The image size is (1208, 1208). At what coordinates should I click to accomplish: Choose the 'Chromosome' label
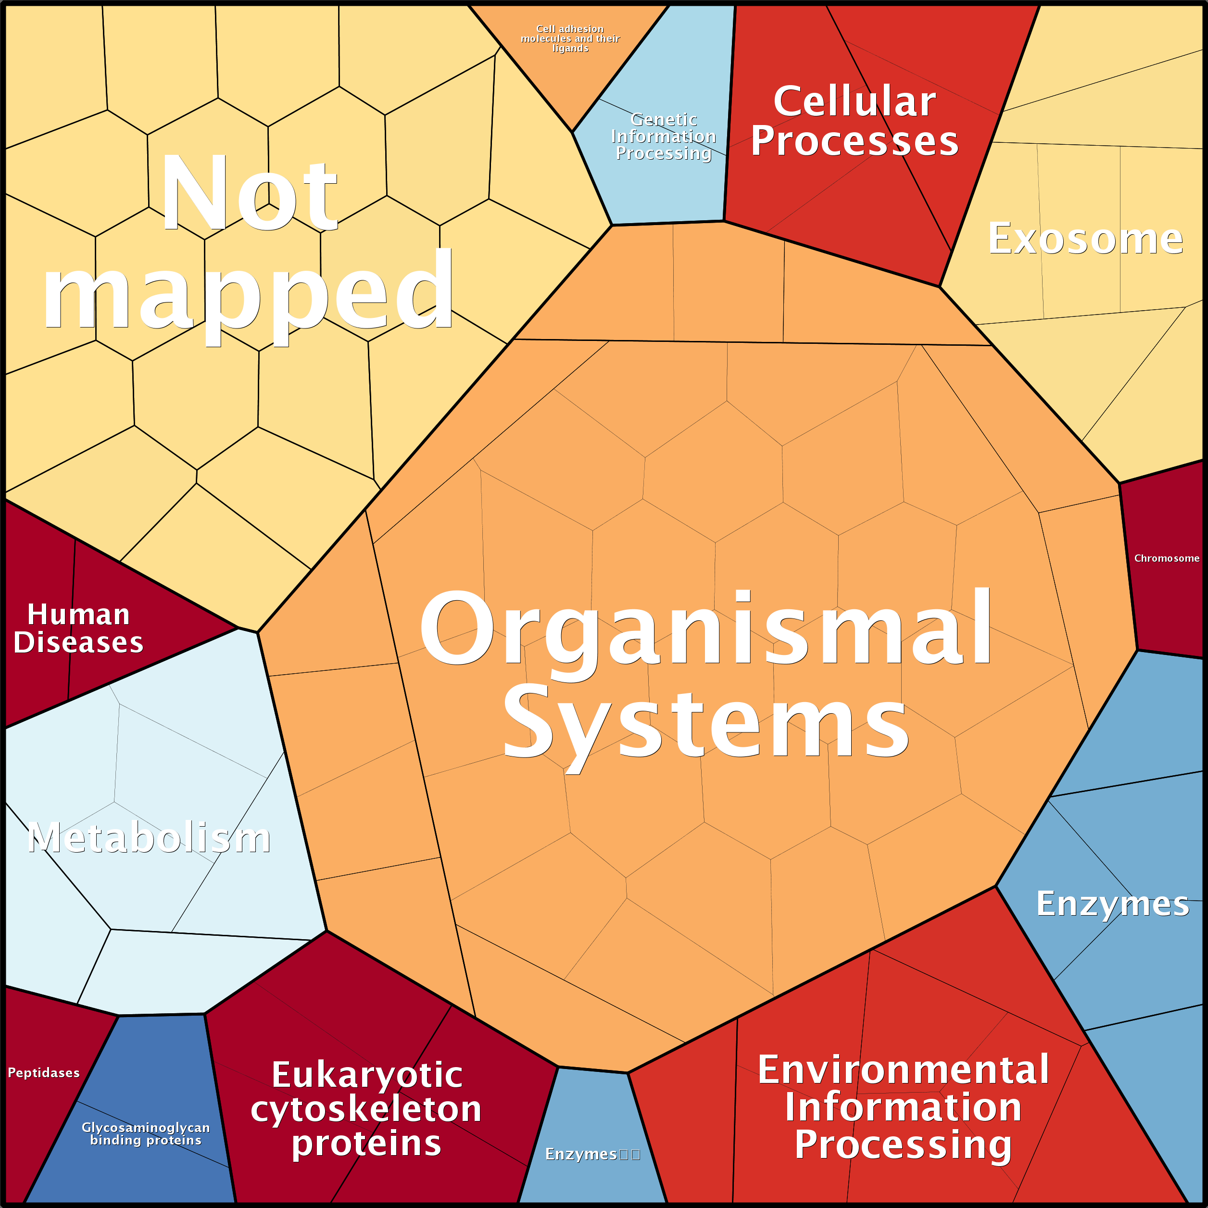(x=1167, y=558)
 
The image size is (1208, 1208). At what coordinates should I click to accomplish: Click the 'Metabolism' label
(x=149, y=837)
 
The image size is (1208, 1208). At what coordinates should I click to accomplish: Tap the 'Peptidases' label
(x=44, y=1073)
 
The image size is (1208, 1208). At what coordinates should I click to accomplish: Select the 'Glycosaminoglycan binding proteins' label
(x=146, y=1133)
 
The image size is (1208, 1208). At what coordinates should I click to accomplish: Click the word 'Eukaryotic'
(x=367, y=1075)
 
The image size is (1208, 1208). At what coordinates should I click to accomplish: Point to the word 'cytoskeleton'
(x=366, y=1109)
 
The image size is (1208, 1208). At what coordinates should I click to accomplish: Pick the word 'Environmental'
(x=904, y=1070)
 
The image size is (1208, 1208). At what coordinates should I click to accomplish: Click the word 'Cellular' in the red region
(x=855, y=101)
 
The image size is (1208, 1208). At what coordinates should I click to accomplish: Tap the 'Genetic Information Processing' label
(x=664, y=136)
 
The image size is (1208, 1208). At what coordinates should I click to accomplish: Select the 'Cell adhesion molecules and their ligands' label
(x=570, y=39)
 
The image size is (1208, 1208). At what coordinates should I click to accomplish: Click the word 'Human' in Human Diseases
(x=79, y=615)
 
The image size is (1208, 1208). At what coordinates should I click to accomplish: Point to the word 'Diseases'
(x=79, y=642)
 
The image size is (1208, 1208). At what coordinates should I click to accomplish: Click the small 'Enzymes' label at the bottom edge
(x=581, y=1154)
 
